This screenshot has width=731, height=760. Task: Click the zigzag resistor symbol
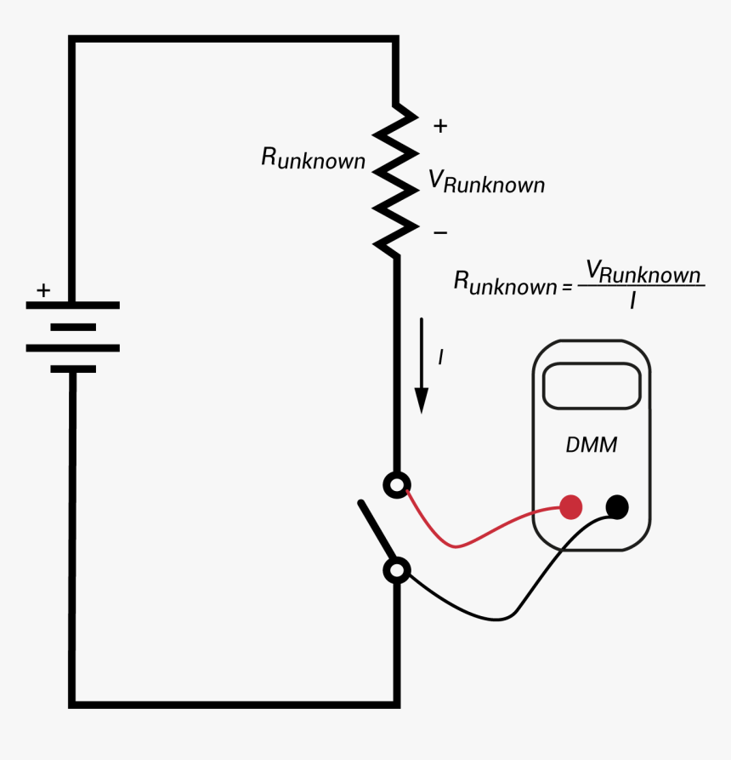tap(396, 180)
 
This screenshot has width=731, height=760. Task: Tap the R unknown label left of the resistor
tap(313, 158)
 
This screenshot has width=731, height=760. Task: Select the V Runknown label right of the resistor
tap(486, 181)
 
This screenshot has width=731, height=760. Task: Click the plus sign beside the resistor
tap(439, 127)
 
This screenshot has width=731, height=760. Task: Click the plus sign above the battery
tap(42, 291)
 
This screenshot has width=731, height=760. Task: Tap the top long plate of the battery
tap(73, 305)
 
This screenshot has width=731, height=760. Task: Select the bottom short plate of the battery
tap(73, 369)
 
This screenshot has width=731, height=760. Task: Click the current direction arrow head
tap(422, 400)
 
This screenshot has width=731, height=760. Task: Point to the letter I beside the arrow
tap(440, 358)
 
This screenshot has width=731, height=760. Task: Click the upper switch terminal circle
tap(396, 485)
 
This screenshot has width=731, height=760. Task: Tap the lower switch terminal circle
tap(396, 570)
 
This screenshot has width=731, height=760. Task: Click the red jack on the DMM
tap(571, 508)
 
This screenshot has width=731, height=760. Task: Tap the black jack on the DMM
tap(617, 508)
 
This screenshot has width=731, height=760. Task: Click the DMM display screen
tap(592, 386)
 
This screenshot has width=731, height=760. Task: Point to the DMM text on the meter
tap(592, 445)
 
